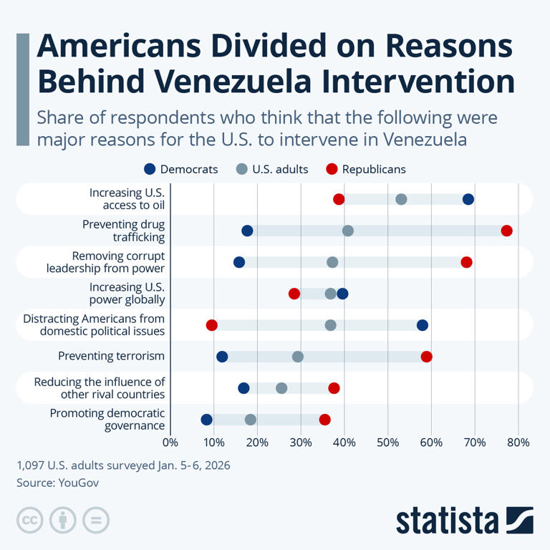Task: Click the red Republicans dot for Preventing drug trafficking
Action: pyautogui.click(x=507, y=231)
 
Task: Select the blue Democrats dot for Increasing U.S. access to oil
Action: pyautogui.click(x=468, y=199)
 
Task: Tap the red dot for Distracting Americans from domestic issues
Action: pyautogui.click(x=211, y=325)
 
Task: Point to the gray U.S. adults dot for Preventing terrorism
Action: pyautogui.click(x=298, y=357)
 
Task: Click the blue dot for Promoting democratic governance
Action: pyautogui.click(x=207, y=420)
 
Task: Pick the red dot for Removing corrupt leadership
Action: pyautogui.click(x=467, y=262)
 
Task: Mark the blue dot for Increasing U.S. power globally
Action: pyautogui.click(x=342, y=294)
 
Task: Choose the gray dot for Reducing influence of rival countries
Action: pyautogui.click(x=281, y=388)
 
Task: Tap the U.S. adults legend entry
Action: pyautogui.click(x=273, y=169)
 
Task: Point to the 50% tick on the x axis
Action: pyautogui.click(x=387, y=443)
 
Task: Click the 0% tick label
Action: pyautogui.click(x=170, y=443)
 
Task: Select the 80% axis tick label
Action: pyautogui.click(x=518, y=443)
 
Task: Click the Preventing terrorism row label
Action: pyautogui.click(x=111, y=357)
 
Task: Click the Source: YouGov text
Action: pyautogui.click(x=57, y=483)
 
